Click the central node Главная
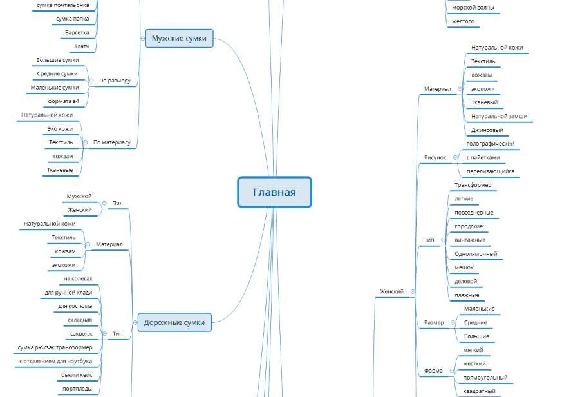point(274,192)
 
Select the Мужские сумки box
point(179,39)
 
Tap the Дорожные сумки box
point(174,322)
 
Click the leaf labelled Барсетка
point(77,32)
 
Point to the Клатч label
point(82,46)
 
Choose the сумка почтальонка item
point(62,5)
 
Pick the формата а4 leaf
point(64,101)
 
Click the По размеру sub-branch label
point(115,81)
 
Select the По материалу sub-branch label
point(112,142)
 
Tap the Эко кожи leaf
point(61,128)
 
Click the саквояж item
point(81,333)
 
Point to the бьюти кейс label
point(77,374)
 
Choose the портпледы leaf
point(77,389)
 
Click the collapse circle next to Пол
point(104,203)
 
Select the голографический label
point(491,144)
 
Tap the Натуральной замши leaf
point(500,116)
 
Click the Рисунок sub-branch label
point(435,157)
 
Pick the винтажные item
point(470,240)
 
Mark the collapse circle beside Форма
point(452,371)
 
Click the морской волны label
point(473,8)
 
